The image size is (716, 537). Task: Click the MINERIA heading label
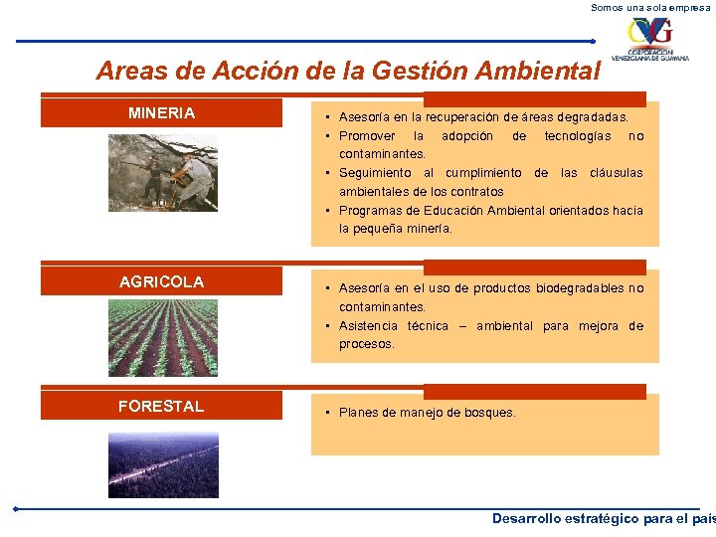coord(161,113)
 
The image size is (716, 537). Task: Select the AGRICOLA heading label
coord(161,281)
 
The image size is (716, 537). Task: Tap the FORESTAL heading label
coord(161,406)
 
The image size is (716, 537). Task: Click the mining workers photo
coord(162,172)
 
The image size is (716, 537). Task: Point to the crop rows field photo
coord(162,337)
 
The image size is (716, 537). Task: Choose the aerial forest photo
coord(162,464)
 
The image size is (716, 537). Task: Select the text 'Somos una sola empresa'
coord(652,7)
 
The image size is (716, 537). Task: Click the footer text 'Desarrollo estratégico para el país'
coord(604,519)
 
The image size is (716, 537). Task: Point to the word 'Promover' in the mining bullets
coord(366,135)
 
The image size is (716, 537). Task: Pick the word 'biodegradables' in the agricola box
coord(580,288)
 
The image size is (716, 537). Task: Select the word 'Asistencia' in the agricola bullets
coord(368,326)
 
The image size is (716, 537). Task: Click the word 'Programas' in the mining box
coord(370,211)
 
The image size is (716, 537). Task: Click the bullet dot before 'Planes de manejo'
coord(327,413)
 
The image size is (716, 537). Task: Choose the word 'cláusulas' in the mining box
coord(616,173)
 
